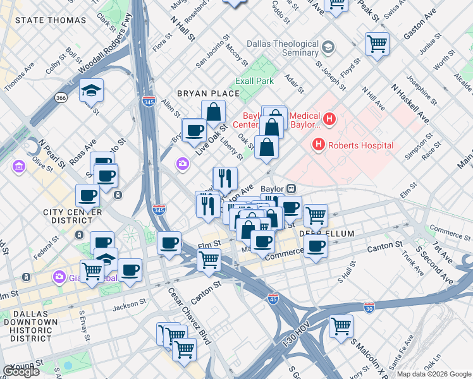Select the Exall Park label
[255, 81]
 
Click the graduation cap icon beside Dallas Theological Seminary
[328, 47]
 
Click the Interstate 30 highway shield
[369, 307]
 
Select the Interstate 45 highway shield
[273, 297]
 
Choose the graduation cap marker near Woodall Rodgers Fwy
[92, 90]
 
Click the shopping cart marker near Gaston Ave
[377, 44]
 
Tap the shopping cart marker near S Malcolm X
[341, 326]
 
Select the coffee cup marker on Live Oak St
[194, 129]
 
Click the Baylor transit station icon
[292, 188]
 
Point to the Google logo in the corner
[21, 371]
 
